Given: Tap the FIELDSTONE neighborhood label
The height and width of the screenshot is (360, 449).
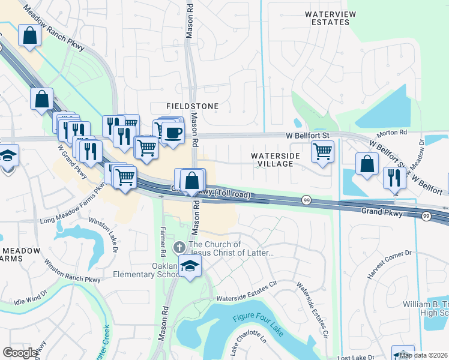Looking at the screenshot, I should (196, 106).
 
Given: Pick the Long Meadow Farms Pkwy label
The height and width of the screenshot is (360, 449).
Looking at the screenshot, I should (73, 211).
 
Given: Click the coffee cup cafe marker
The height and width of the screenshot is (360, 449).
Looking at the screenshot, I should (172, 132).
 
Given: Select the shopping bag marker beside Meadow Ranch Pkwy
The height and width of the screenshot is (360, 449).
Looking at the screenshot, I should (29, 35).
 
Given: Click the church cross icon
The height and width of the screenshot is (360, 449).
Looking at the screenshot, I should (179, 247).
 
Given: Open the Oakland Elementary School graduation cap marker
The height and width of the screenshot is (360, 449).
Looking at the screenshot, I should (190, 267).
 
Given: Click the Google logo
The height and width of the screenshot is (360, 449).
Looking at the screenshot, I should (20, 353).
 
